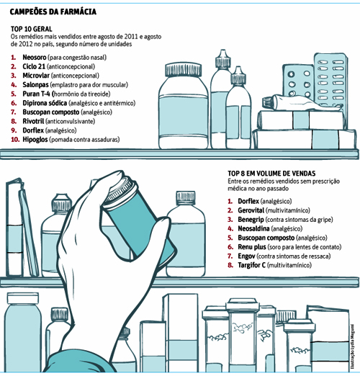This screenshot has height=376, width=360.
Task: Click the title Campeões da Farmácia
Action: tap(53, 12)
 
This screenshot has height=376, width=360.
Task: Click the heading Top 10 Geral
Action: tap(31, 29)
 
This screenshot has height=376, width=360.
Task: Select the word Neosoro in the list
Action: tap(35, 58)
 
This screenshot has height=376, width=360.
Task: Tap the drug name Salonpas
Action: tap(35, 85)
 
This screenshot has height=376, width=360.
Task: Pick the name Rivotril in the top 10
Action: tap(33, 121)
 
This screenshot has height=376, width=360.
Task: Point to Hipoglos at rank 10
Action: tap(35, 140)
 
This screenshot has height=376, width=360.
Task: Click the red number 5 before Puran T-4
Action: tap(14, 94)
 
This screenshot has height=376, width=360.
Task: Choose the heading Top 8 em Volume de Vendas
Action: tap(271, 174)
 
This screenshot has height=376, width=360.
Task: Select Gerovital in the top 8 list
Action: tap(251, 210)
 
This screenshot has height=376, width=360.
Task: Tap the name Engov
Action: tap(246, 256)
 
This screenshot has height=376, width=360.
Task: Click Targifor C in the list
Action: tap(251, 265)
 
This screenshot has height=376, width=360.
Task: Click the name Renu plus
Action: tap(252, 247)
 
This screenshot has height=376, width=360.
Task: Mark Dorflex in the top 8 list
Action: tap(248, 201)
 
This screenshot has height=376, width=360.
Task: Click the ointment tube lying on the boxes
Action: tap(302, 103)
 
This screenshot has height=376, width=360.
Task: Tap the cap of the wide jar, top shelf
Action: tap(184, 69)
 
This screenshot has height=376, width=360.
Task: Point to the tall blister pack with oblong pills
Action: tap(330, 81)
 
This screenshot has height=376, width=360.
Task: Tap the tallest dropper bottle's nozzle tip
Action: tap(223, 50)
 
